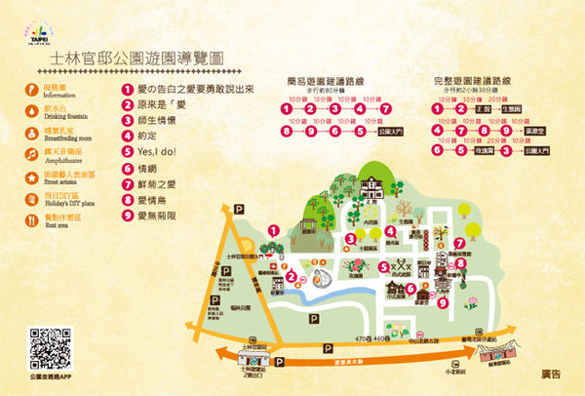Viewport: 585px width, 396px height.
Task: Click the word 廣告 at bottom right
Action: [552, 374]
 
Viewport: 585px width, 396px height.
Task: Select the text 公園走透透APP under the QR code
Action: [40, 375]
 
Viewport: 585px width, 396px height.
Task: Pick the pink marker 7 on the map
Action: [459, 241]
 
